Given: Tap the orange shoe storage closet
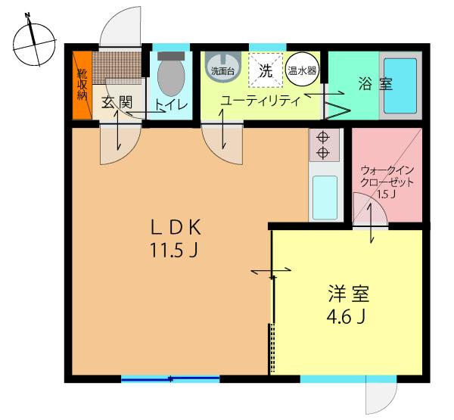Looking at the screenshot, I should (81, 85).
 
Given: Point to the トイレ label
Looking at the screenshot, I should (172, 105).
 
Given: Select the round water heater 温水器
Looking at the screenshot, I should (303, 68).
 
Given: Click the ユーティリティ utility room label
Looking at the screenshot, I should (260, 99).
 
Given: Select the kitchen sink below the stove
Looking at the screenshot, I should (325, 196).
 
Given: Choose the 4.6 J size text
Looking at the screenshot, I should (347, 317).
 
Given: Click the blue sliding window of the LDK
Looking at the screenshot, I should (171, 378).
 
